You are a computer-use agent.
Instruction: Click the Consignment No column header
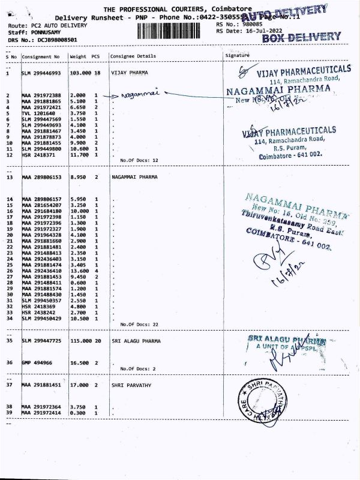41,56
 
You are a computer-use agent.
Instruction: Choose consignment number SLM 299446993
41,72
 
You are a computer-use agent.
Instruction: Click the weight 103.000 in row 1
80,72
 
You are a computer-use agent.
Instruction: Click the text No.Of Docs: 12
139,161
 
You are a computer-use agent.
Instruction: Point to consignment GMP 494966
37,362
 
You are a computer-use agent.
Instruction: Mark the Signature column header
236,55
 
